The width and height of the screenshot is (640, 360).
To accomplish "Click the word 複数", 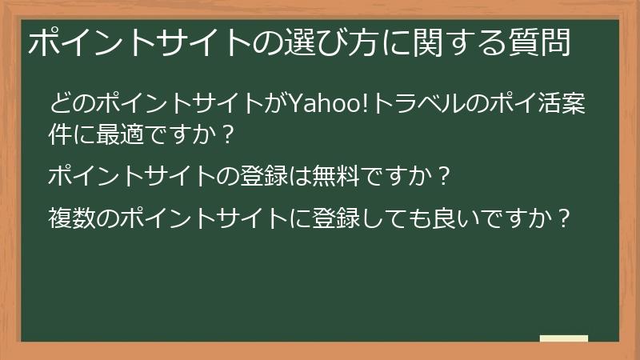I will (73, 218).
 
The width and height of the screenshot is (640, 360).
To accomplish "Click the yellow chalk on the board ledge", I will (563, 338).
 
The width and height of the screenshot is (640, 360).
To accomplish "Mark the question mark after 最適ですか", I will (228, 133).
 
